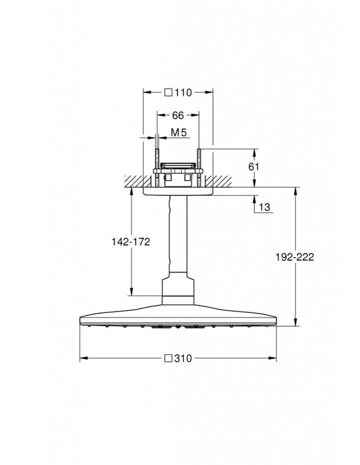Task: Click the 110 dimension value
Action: [x=183, y=93]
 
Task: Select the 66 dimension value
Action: [x=178, y=115]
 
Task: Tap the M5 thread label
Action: [x=179, y=133]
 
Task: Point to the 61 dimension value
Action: [x=253, y=167]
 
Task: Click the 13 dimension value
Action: [x=265, y=207]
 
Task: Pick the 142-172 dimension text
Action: [x=130, y=242]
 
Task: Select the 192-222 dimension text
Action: [x=294, y=257]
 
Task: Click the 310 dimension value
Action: [x=183, y=359]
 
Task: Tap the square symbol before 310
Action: [x=168, y=359]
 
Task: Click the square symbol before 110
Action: [x=168, y=93]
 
